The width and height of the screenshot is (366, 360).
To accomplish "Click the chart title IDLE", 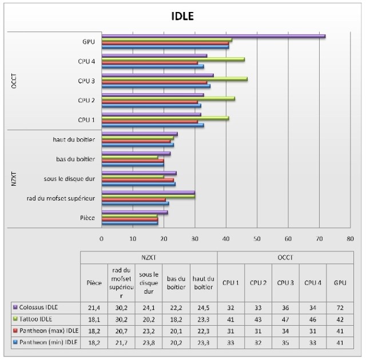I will (x=182, y=16).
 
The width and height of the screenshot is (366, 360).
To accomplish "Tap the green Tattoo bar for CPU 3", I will (x=174, y=78).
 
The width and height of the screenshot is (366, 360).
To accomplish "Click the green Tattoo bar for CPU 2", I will (x=168, y=98).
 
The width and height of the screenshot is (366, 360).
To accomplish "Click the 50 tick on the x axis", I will (x=257, y=239).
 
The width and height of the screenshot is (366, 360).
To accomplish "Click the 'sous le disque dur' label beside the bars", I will (x=69, y=179).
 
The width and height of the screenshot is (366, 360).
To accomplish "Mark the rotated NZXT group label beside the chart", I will (x=14, y=179).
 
